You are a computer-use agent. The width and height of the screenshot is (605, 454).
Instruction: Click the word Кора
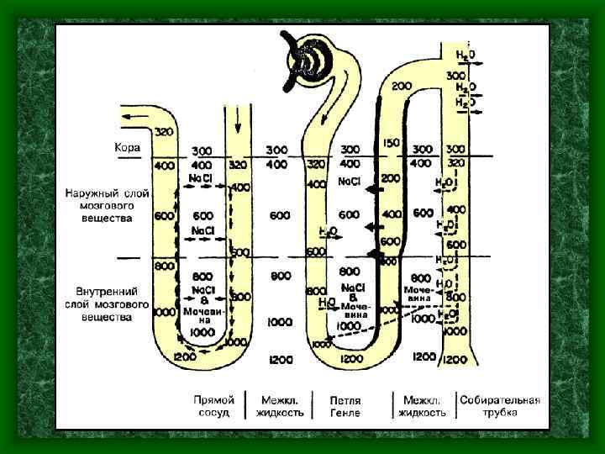point(128,147)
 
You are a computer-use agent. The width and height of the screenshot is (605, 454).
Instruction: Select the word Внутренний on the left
point(93,292)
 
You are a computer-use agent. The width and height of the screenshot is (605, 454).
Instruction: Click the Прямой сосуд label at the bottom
point(213,406)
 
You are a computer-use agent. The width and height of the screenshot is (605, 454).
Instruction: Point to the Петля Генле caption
point(345,406)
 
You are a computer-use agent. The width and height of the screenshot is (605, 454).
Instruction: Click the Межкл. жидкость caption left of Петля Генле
point(281,406)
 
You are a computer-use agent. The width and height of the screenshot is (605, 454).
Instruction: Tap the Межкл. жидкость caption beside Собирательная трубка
point(423,406)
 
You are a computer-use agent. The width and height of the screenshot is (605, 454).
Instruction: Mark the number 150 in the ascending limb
point(390,144)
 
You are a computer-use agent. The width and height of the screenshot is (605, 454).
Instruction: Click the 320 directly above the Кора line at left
point(164,133)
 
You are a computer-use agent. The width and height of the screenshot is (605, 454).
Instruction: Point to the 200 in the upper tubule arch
point(401,86)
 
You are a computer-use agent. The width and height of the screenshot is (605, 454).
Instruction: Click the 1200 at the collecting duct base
point(454,360)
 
